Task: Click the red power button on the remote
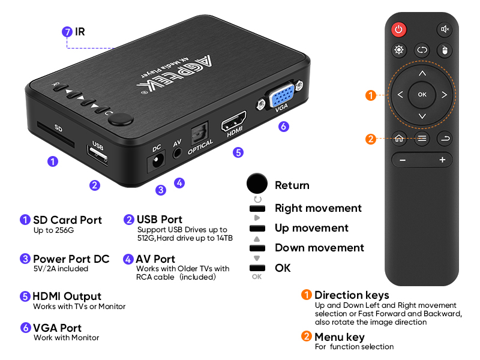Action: click(x=398, y=29)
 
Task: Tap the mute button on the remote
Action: click(x=445, y=29)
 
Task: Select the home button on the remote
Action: click(x=399, y=138)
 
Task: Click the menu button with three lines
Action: click(x=422, y=138)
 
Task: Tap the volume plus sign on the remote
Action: click(x=442, y=160)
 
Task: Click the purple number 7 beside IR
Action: click(x=67, y=32)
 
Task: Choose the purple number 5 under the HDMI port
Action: click(x=238, y=152)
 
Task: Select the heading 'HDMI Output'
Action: click(x=67, y=296)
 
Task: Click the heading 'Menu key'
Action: click(x=339, y=337)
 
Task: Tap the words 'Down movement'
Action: click(x=319, y=248)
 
